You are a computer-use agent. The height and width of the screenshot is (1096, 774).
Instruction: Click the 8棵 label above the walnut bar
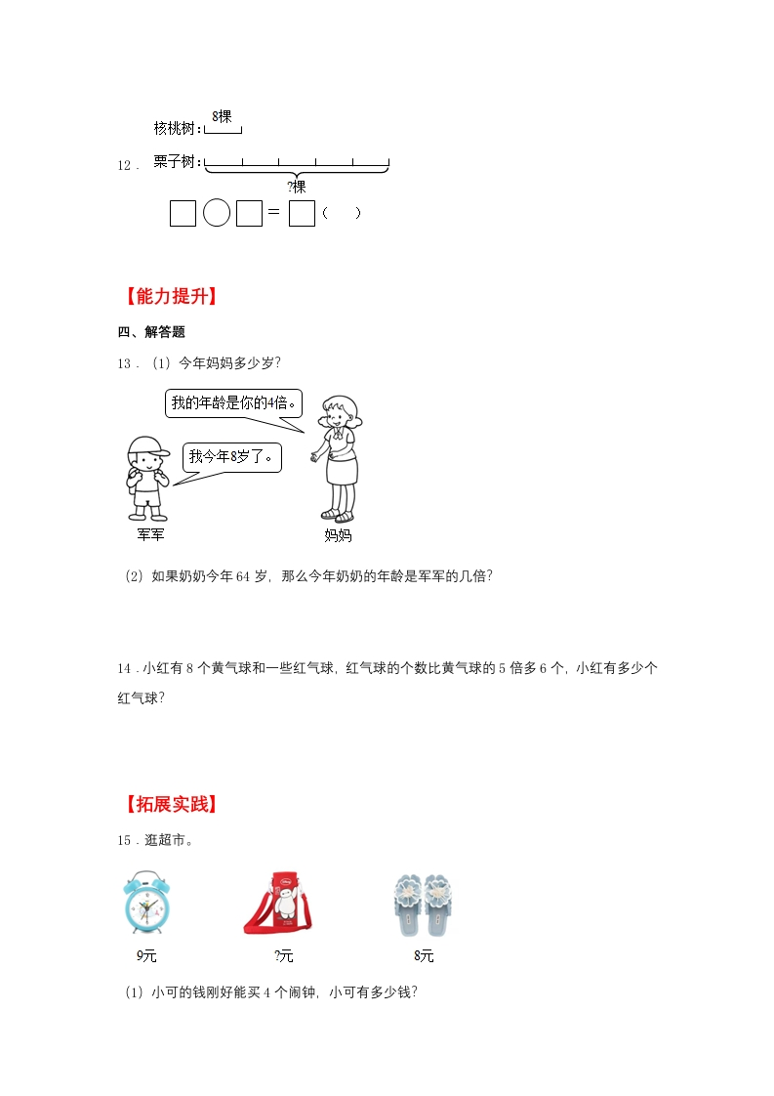[222, 116]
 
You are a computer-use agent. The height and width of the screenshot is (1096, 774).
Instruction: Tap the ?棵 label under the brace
[296, 187]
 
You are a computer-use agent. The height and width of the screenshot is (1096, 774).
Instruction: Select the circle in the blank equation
[217, 213]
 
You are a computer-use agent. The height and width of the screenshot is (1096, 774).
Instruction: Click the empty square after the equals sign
[302, 213]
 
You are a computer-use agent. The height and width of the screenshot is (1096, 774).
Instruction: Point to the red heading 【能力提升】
[171, 296]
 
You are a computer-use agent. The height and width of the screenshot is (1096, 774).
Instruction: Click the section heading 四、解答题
[151, 332]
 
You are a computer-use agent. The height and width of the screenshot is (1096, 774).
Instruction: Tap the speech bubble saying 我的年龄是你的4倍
[233, 403]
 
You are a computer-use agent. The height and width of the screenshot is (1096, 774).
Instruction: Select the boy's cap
[149, 446]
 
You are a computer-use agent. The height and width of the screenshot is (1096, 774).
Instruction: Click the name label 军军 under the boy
[151, 534]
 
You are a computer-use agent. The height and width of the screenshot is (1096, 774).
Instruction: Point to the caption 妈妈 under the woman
[338, 535]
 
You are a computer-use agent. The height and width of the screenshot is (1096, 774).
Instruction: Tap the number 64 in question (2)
[242, 576]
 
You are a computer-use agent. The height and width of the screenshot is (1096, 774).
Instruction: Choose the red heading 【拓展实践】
[171, 804]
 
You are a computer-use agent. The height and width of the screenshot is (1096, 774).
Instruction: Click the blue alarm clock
[146, 903]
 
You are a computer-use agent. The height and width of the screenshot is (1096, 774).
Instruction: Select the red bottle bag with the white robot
[278, 904]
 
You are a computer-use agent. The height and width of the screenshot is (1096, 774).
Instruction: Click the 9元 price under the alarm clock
[146, 955]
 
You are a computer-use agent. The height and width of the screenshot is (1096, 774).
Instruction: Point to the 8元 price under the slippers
[424, 955]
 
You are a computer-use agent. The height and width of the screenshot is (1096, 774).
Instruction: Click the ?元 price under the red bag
[284, 955]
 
